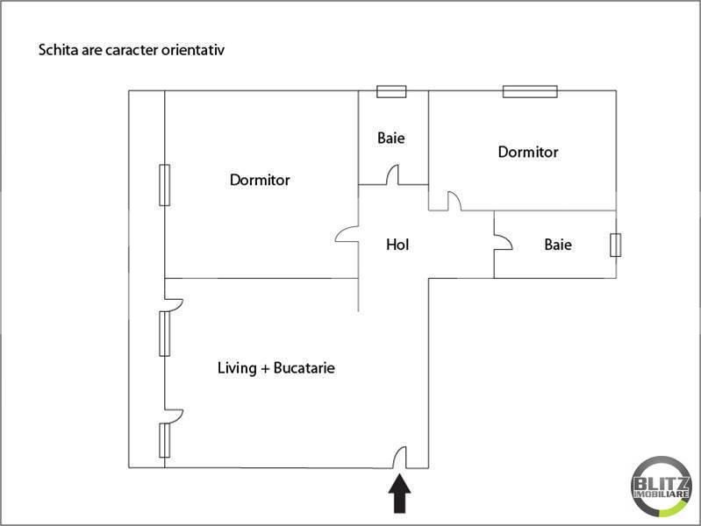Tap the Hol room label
tap(397, 245)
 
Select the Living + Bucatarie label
tap(275, 368)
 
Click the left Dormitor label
tap(260, 181)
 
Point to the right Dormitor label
tap(527, 153)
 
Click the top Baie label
tap(391, 139)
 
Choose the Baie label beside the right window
tap(558, 245)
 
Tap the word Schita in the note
tap(55, 50)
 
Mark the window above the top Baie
tap(391, 90)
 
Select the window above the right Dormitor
tap(530, 90)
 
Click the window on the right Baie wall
tap(616, 245)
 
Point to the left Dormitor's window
tap(164, 184)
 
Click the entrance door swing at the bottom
tap(399, 457)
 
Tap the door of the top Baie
tap(392, 176)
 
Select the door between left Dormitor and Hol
tap(347, 236)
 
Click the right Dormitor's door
tap(454, 201)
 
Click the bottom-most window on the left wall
tap(164, 439)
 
